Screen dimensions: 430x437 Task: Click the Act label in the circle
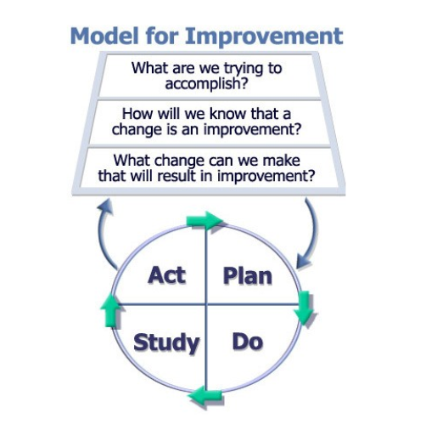pyautogui.click(x=166, y=275)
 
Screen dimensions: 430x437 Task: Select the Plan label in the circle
pyautogui.click(x=248, y=275)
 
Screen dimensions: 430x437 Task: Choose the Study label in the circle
pyautogui.click(x=167, y=342)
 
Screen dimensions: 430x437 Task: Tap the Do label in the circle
pyautogui.click(x=247, y=342)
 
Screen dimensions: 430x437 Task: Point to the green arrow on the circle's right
pyautogui.click(x=305, y=308)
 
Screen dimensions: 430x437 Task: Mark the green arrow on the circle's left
pyautogui.click(x=109, y=310)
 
